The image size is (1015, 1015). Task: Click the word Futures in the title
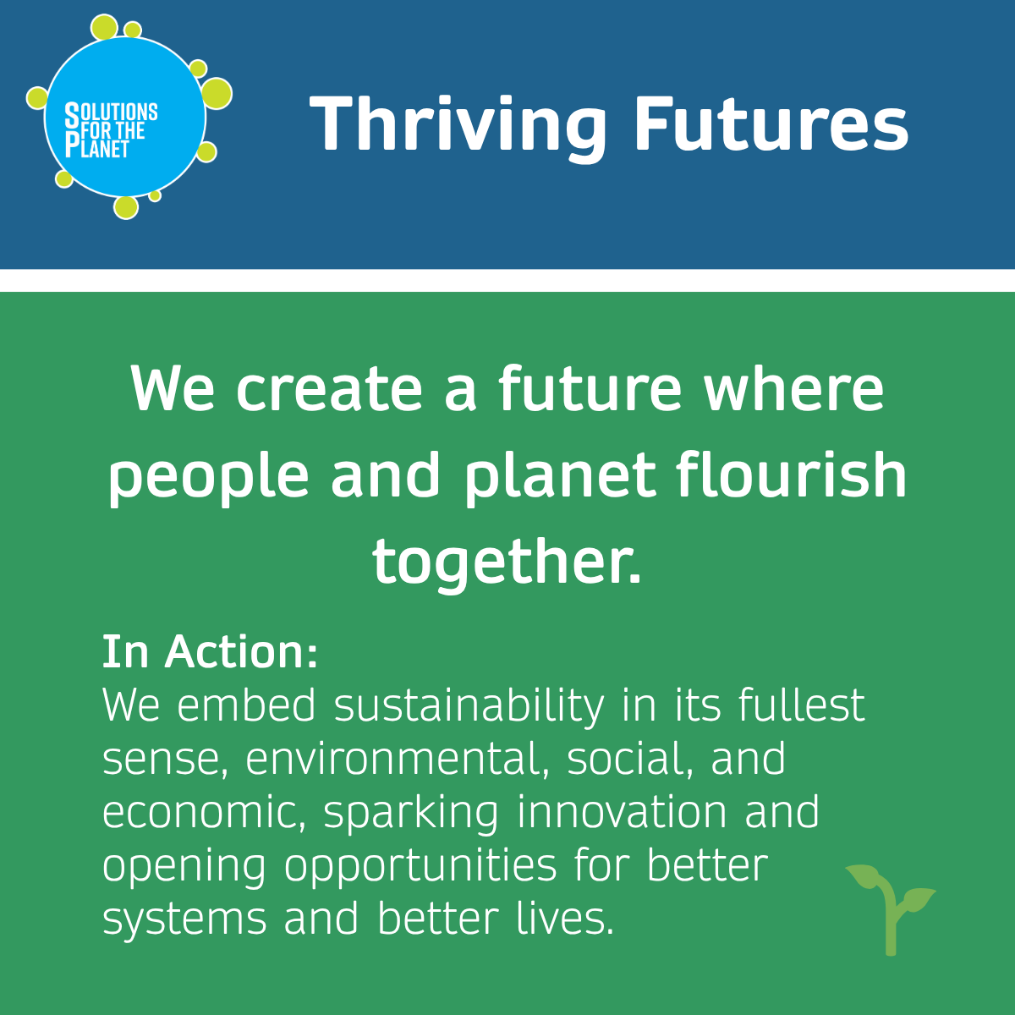[771, 123]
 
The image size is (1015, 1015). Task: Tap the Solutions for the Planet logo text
[111, 129]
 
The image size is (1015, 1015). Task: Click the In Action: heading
[210, 652]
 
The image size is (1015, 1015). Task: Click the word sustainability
[469, 705]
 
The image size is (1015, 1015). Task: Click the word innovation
[622, 812]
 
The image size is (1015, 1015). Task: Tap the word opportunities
[420, 867]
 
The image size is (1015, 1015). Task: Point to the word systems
[184, 921]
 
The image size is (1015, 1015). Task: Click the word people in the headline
[208, 478]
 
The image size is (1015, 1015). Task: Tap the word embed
[245, 705]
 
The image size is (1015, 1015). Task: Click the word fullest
[801, 705]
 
